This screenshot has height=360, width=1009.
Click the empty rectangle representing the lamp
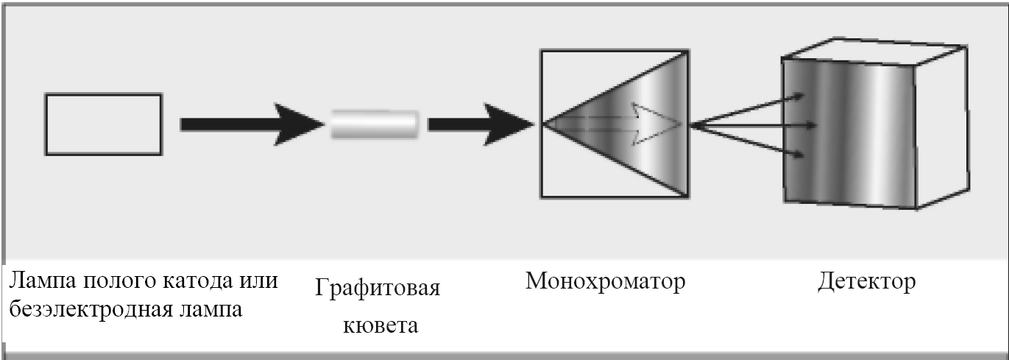(x=103, y=124)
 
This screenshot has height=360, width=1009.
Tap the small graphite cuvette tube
(x=375, y=124)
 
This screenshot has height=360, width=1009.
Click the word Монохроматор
(x=605, y=281)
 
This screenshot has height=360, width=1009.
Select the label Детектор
(x=866, y=281)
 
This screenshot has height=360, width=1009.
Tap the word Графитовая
(x=378, y=287)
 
